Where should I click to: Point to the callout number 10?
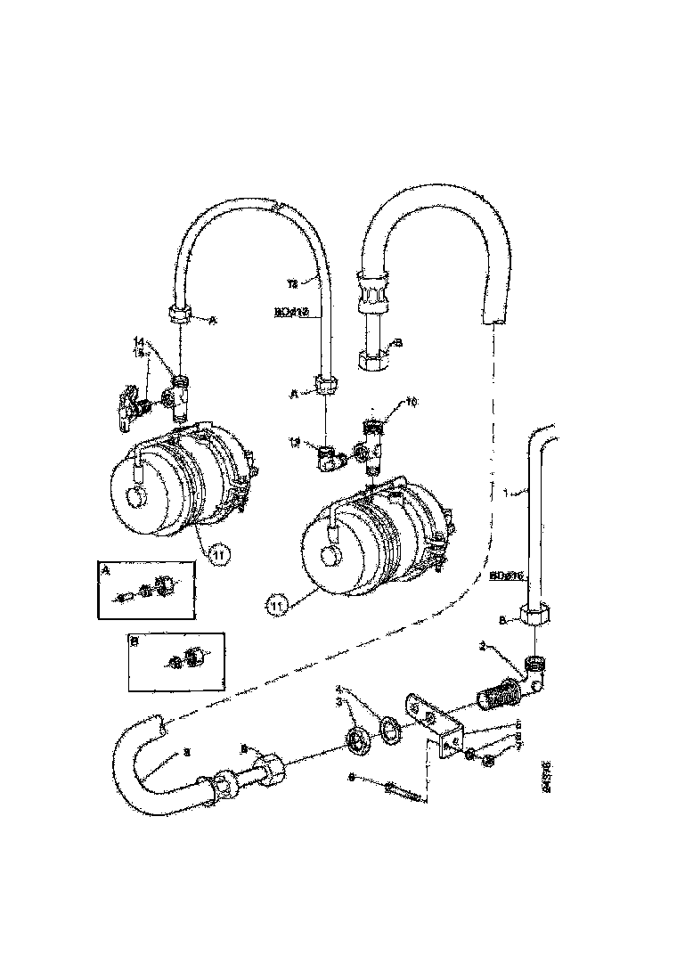tap(412, 402)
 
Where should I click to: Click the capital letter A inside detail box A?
tap(107, 573)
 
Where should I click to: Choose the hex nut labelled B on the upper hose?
tap(372, 360)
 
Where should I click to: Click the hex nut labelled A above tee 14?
tap(177, 315)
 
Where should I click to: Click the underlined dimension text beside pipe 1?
tap(504, 576)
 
